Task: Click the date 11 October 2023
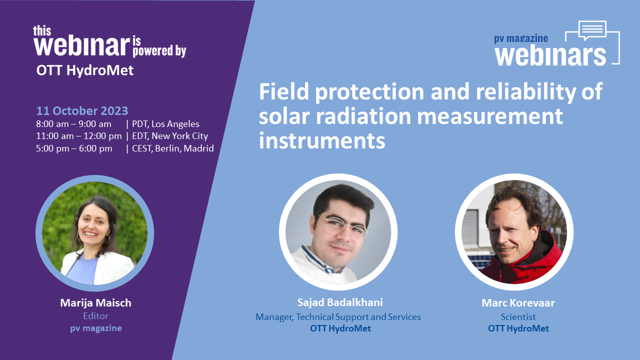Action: (x=82, y=111)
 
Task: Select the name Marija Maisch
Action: (x=95, y=303)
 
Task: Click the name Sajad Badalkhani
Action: (x=340, y=302)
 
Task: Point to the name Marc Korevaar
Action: (x=518, y=303)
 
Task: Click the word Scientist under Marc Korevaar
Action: (x=518, y=317)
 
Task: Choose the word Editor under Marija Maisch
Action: (x=95, y=316)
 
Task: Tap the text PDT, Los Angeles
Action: (x=165, y=124)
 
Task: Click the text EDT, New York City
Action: (x=170, y=136)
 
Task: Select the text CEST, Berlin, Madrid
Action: (x=173, y=148)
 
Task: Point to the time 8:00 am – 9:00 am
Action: (x=73, y=124)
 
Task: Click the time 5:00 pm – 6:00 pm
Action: (x=74, y=148)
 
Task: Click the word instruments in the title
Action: (x=322, y=140)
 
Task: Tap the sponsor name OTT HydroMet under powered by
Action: (x=85, y=70)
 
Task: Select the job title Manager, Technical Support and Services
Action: (x=338, y=317)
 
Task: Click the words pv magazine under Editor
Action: (x=96, y=328)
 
